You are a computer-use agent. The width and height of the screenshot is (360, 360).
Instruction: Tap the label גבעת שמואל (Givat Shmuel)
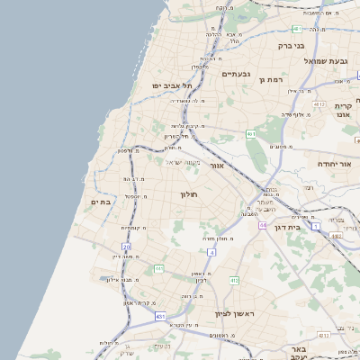pyautogui.click(x=326, y=60)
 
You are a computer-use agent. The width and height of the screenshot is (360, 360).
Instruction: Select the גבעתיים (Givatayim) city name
pyautogui.click(x=236, y=74)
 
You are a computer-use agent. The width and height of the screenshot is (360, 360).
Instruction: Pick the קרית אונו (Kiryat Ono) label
pyautogui.click(x=343, y=110)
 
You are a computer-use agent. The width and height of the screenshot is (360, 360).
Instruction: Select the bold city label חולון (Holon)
pyautogui.click(x=188, y=193)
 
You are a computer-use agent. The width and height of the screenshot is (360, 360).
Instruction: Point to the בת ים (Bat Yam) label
pyautogui.click(x=101, y=202)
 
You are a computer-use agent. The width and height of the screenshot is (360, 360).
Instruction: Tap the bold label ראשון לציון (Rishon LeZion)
pyautogui.click(x=235, y=313)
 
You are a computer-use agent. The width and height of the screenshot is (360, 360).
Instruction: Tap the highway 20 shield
pyautogui.click(x=127, y=246)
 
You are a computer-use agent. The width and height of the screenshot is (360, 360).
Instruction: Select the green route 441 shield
pyautogui.click(x=158, y=268)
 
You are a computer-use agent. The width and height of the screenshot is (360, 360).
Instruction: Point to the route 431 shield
pyautogui.click(x=160, y=317)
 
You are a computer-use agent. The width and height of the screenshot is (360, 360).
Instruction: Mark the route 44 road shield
pyautogui.click(x=263, y=225)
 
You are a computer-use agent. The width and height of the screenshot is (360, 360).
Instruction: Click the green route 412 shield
pyautogui.click(x=234, y=281)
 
